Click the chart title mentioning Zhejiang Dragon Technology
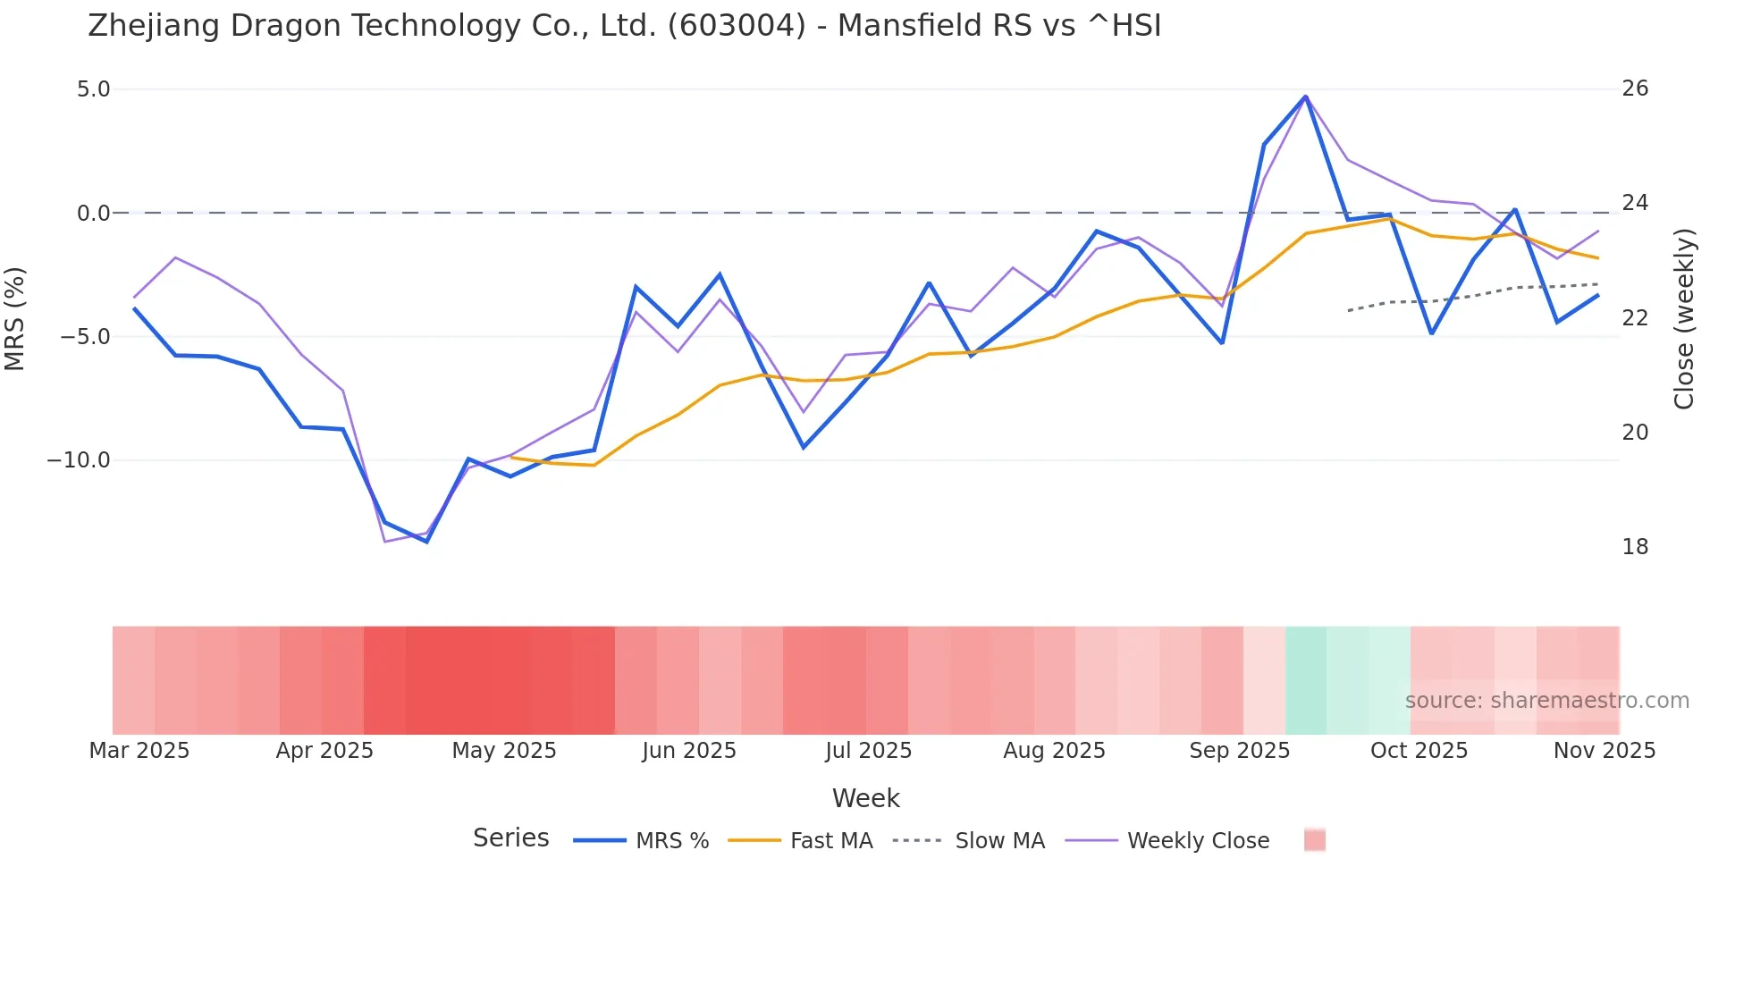tap(624, 26)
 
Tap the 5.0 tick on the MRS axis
tap(93, 89)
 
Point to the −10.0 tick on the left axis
tap(79, 460)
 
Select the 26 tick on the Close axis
tap(1635, 88)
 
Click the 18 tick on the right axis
tap(1635, 547)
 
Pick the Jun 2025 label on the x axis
tap(688, 751)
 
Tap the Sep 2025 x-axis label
tap(1239, 751)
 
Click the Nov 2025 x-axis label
tap(1604, 751)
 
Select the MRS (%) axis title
tap(15, 318)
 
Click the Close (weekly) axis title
tap(1684, 319)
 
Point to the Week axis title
tap(865, 798)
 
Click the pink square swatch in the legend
tap(1314, 840)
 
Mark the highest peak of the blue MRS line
tap(1305, 97)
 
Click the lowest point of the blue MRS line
tap(427, 542)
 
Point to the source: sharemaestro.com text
tap(1546, 701)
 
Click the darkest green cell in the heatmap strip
tap(1306, 680)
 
